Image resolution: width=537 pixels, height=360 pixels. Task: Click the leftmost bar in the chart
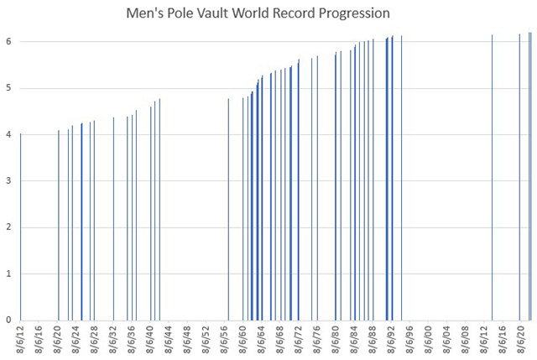pos(21,227)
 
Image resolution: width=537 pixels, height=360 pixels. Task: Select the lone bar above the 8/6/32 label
pos(113,218)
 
